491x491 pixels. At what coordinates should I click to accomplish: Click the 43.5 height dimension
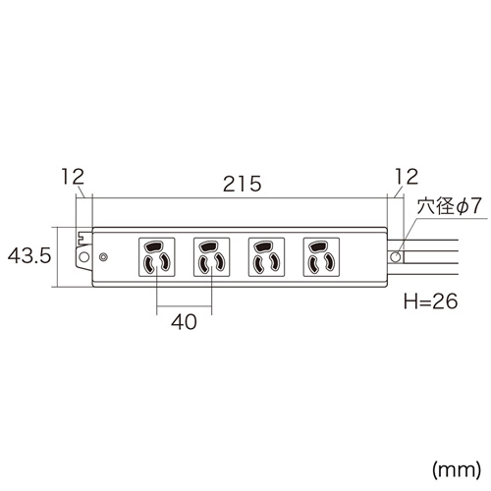[27, 256]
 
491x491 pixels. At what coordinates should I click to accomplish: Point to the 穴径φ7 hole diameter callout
[447, 207]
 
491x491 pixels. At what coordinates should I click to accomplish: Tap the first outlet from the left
[157, 257]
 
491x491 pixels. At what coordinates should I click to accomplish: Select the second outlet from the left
[209, 257]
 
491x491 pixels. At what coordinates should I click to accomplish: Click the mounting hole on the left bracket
[83, 257]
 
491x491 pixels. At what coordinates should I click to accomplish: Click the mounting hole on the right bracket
[396, 256]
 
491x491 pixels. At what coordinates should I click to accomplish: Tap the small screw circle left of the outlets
[103, 257]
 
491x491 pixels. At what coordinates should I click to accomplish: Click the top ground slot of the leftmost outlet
[157, 245]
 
